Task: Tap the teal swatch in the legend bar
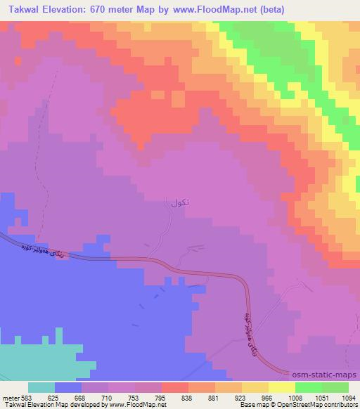click(41, 387)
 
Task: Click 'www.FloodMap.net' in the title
click(227, 9)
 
